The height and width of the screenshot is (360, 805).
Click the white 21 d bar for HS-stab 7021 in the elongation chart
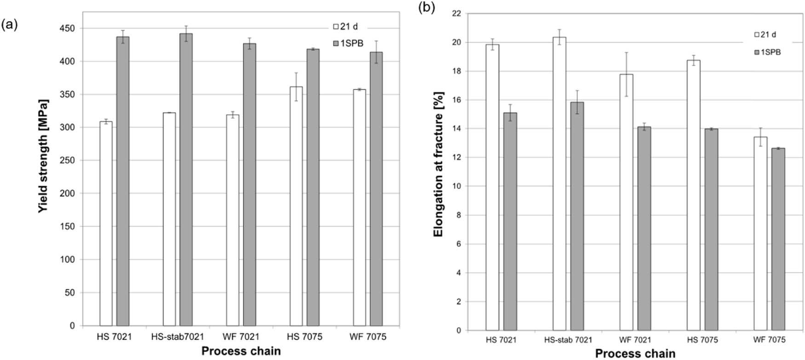pyautogui.click(x=559, y=184)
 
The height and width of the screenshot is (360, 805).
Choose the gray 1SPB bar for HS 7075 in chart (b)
pyautogui.click(x=711, y=229)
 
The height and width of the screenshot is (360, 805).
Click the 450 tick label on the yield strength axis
pyautogui.click(x=67, y=29)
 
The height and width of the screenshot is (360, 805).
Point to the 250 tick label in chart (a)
pyautogui.click(x=67, y=160)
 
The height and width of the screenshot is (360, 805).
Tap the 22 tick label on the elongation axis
pyautogui.click(x=456, y=13)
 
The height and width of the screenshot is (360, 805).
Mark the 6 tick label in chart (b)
pyautogui.click(x=458, y=244)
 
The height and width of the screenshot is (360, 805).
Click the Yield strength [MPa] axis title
pyautogui.click(x=43, y=156)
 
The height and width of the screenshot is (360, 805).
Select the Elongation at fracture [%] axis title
pyautogui.click(x=438, y=165)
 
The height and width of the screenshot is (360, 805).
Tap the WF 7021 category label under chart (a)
pyautogui.click(x=241, y=337)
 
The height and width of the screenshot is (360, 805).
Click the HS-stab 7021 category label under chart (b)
pyautogui.click(x=568, y=340)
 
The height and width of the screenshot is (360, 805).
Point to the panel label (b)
pyautogui.click(x=426, y=8)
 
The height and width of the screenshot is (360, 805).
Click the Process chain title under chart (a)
pyautogui.click(x=241, y=351)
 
